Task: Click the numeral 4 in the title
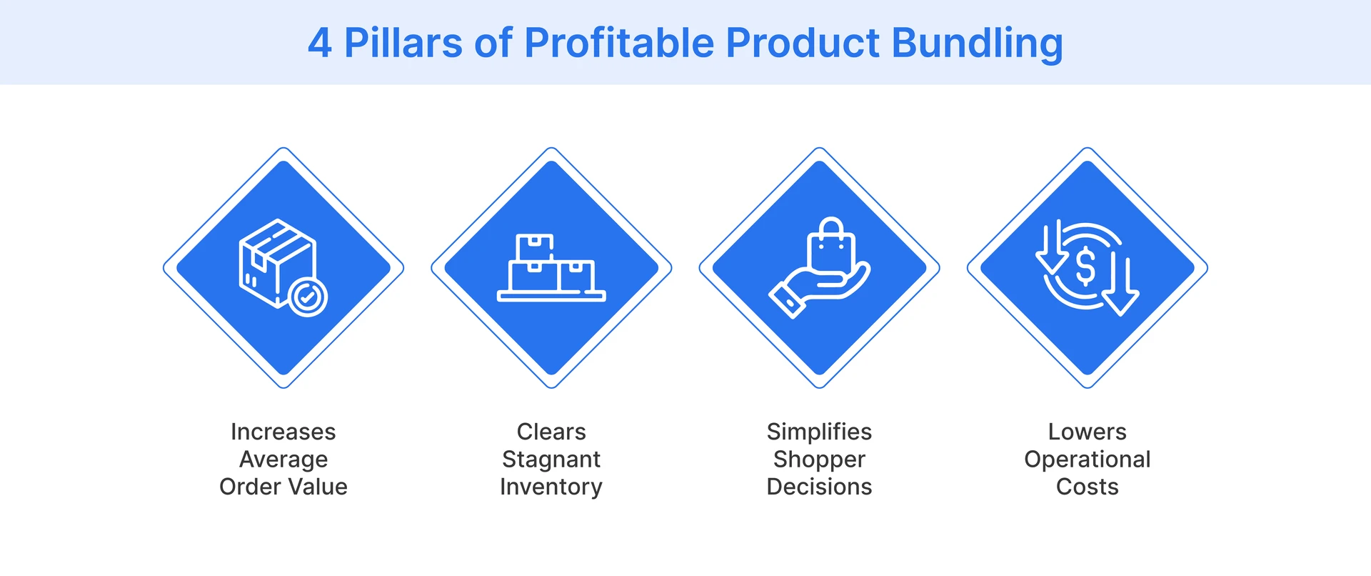pos(320,43)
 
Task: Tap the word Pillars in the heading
pos(403,43)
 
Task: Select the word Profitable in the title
pos(618,43)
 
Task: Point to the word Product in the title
pos(803,43)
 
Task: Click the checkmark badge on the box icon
pos(308,297)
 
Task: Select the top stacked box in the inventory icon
pos(535,247)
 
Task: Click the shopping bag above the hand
pos(831,244)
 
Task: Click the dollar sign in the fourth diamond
pos(1085,266)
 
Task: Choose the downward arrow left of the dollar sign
pos(1050,247)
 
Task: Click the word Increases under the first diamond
pos(283,432)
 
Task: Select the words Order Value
pos(283,487)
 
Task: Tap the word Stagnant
pos(551,460)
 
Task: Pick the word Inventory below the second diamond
pos(551,487)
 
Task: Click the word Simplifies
pos(819,432)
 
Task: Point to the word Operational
pos(1087,460)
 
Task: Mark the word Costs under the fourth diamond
pos(1087,487)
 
